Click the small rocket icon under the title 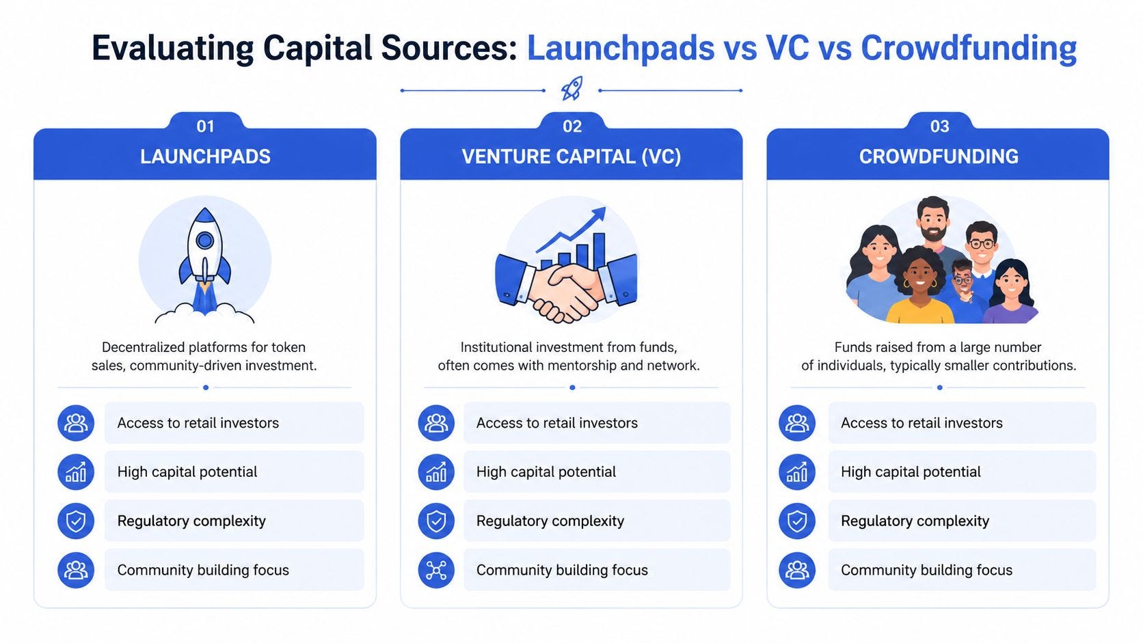point(571,89)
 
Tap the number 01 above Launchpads point(205,126)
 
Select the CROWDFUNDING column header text point(938,156)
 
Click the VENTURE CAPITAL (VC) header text point(571,156)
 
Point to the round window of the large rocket point(204,240)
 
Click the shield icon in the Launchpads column point(76,521)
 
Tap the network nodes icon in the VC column point(436,570)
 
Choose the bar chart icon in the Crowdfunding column point(796,471)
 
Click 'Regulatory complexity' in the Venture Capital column point(550,521)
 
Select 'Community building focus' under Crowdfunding point(926,570)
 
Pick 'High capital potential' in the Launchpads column point(187,471)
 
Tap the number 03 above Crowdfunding point(939,126)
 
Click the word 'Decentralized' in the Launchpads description point(144,347)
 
